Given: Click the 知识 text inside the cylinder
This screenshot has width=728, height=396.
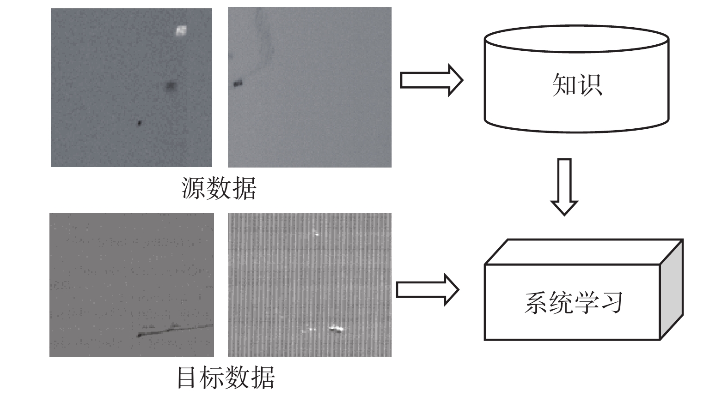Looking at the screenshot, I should pyautogui.click(x=577, y=85).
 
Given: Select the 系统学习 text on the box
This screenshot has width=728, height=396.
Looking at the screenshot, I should pyautogui.click(x=573, y=302).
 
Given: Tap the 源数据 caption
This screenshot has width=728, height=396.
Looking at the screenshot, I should pyautogui.click(x=219, y=188).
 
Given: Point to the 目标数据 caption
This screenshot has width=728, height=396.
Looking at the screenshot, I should pyautogui.click(x=226, y=377).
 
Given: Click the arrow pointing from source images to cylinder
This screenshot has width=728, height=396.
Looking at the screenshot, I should pyautogui.click(x=431, y=80).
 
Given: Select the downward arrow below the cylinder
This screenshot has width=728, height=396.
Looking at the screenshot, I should pyautogui.click(x=564, y=186).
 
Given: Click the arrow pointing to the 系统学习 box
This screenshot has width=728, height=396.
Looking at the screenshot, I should pyautogui.click(x=428, y=289).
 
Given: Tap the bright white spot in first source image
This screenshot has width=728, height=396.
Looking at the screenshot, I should pyautogui.click(x=181, y=30).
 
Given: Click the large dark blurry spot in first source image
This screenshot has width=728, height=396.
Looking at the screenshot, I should pyautogui.click(x=171, y=86).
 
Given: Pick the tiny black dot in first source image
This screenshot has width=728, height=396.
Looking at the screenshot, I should pyautogui.click(x=140, y=123).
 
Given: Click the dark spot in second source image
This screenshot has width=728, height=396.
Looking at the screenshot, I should pyautogui.click(x=238, y=84).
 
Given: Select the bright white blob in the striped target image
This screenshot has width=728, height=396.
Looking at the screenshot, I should pyautogui.click(x=336, y=328).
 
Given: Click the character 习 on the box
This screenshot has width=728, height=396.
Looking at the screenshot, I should pyautogui.click(x=610, y=302).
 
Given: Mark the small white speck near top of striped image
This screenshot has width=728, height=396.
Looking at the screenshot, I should pyautogui.click(x=316, y=233).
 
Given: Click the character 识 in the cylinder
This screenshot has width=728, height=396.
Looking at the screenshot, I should pyautogui.click(x=590, y=85).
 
